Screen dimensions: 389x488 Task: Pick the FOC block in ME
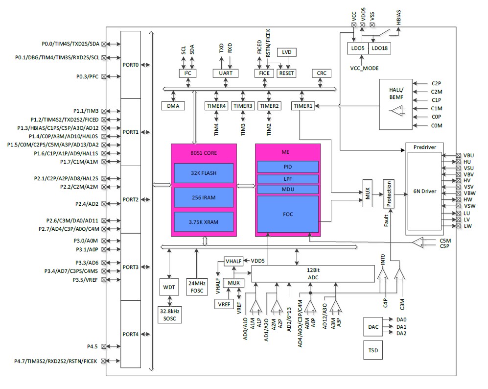[x=288, y=214]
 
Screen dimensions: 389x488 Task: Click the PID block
[x=288, y=167]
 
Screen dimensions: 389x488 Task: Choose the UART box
[x=225, y=73]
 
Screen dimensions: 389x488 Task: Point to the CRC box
[x=322, y=73]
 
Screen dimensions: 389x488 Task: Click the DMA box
[x=173, y=106]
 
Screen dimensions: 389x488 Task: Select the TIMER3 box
[x=243, y=106]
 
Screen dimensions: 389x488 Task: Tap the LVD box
[x=286, y=52]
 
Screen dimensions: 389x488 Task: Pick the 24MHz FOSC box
[x=197, y=286]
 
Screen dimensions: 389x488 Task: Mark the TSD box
[x=373, y=351]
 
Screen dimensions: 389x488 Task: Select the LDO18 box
[x=379, y=48]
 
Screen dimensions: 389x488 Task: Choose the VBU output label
[x=469, y=155]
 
